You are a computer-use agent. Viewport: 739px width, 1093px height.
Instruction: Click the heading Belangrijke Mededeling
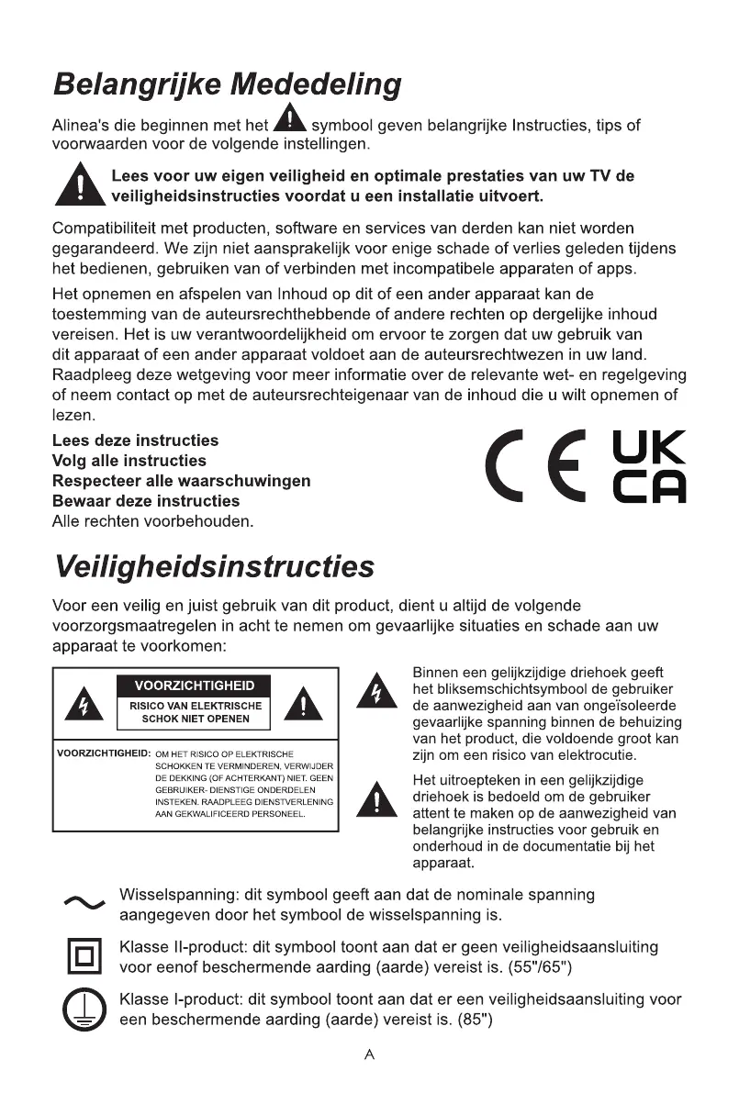pos(227,85)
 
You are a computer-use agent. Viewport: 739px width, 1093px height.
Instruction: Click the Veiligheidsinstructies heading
pos(214,566)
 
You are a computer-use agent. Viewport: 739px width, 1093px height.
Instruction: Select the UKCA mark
pos(648,468)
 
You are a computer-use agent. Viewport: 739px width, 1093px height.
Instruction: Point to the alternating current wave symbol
pos(85,904)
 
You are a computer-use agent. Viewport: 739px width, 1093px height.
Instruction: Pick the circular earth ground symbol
pos(84,1011)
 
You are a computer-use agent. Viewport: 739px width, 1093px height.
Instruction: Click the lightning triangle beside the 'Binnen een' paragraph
pos(372,690)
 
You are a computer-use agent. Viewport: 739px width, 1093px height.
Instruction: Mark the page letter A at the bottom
pos(369,1055)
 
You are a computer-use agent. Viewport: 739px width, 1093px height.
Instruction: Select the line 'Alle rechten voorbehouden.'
pos(152,521)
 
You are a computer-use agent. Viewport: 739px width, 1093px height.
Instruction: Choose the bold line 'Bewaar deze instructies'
pos(145,501)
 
